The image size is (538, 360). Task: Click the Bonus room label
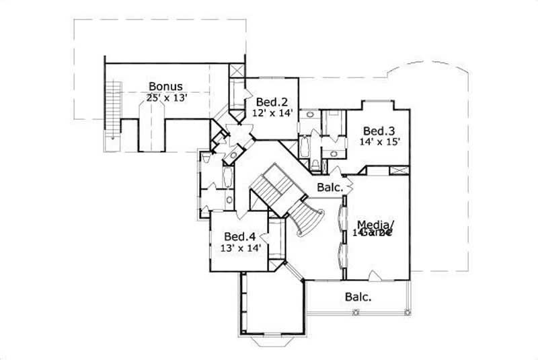(165, 86)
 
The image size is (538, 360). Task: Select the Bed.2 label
(271, 102)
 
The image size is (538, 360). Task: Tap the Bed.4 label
(240, 237)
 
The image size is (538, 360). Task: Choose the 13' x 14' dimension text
(240, 248)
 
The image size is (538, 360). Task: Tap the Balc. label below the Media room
(358, 296)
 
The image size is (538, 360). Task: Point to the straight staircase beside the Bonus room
(113, 108)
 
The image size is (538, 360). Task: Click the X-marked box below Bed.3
(398, 170)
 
